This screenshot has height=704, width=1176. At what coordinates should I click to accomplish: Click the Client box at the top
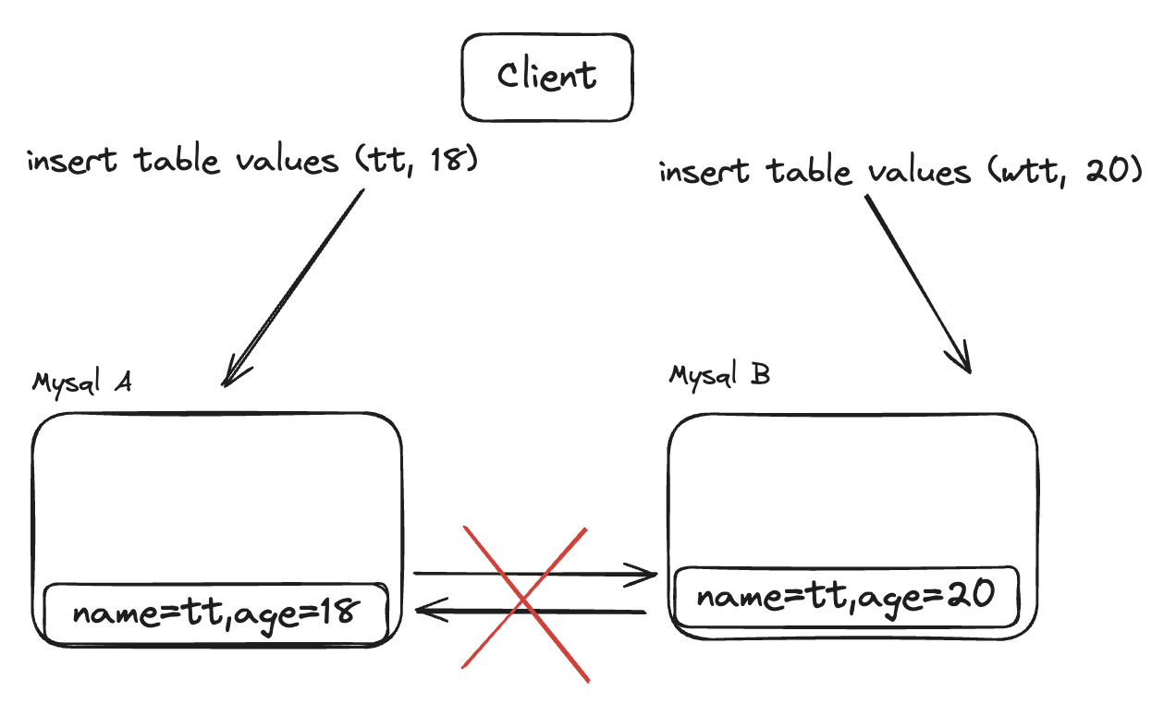coord(547,78)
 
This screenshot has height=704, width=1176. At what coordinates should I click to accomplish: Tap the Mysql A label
coord(81,382)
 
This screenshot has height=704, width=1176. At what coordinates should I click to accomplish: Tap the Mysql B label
coord(718,376)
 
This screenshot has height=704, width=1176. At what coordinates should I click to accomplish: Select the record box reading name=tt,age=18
coord(216,613)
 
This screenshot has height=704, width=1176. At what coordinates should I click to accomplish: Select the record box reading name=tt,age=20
coord(846,596)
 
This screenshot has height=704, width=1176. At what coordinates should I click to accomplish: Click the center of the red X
coord(524,601)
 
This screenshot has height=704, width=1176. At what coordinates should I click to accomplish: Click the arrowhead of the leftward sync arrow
coord(425,610)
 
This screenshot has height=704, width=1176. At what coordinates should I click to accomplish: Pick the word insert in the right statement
coord(704,172)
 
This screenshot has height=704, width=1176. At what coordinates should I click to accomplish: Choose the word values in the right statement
coord(916,172)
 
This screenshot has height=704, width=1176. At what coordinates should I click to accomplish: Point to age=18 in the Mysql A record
coord(305,613)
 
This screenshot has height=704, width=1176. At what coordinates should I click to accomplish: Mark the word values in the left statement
coord(285,161)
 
